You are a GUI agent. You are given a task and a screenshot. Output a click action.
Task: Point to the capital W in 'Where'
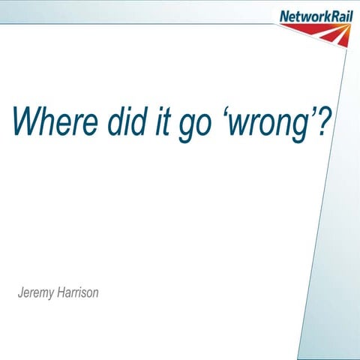tap(25, 121)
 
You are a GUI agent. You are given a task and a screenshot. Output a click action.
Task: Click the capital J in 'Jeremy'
tap(21, 292)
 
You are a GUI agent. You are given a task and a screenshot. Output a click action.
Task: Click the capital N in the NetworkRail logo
tap(284, 16)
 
